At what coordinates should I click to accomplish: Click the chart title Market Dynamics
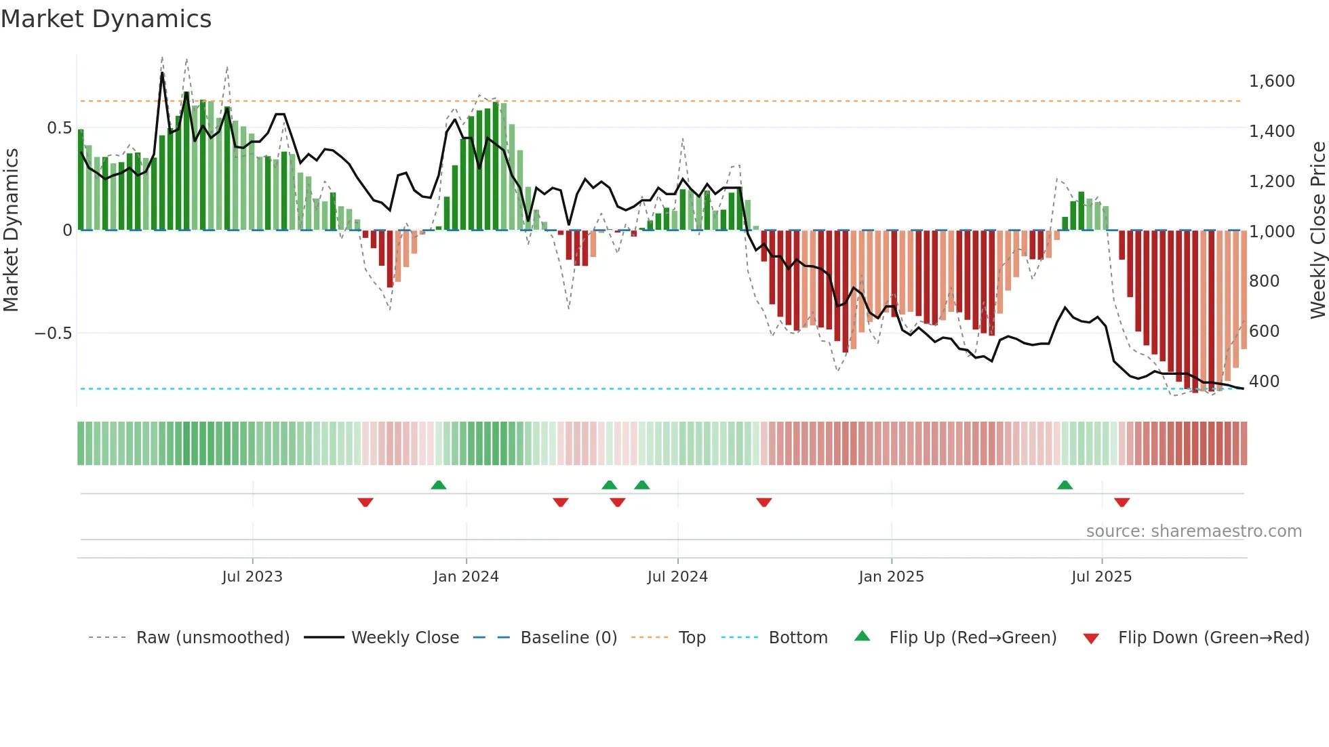point(106,19)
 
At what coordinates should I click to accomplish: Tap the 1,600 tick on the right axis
point(1271,81)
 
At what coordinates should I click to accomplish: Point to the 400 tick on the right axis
point(1264,382)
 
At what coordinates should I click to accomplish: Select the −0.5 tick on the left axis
point(53,334)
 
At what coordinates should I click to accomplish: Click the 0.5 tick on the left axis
point(59,128)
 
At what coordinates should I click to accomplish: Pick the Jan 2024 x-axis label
point(466,577)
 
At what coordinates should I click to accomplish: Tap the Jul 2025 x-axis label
point(1101,577)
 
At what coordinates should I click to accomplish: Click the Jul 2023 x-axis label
point(252,577)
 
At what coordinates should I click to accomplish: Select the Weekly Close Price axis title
point(1317,230)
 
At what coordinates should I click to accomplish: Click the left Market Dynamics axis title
point(11,230)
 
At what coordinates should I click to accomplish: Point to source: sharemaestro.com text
point(1193,531)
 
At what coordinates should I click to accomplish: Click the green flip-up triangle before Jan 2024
point(439,485)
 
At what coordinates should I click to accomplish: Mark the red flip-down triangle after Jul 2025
point(1122,502)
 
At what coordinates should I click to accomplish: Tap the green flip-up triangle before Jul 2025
point(1065,485)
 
